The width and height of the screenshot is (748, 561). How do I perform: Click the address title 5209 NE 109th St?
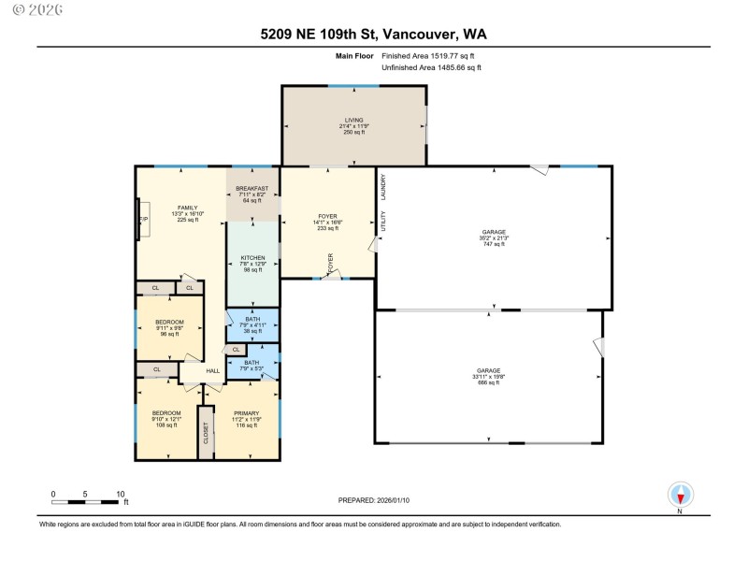pos(373,35)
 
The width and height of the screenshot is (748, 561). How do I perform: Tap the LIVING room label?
pos(353,120)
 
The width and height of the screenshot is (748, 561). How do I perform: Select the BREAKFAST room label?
pos(252,188)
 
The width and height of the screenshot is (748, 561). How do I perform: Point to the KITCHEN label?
pos(252,257)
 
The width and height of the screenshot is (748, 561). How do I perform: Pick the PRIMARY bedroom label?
pos(247,412)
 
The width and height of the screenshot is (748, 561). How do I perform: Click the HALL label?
pos(212,371)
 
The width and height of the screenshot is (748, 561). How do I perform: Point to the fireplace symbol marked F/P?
pos(143,220)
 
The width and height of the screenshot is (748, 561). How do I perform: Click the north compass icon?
pos(680,495)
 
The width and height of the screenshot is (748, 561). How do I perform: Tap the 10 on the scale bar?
pos(121,493)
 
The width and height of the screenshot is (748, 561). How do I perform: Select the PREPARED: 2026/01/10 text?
pos(374,501)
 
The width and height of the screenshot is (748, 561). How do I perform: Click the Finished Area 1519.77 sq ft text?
pos(434,56)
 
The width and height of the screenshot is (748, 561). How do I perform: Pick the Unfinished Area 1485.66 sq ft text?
pos(431,68)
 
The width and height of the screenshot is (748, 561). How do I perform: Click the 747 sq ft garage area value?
pos(494,242)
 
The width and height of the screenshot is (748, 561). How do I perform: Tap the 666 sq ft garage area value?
pos(489,382)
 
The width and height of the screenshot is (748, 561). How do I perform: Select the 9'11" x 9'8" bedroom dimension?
pos(169,327)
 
